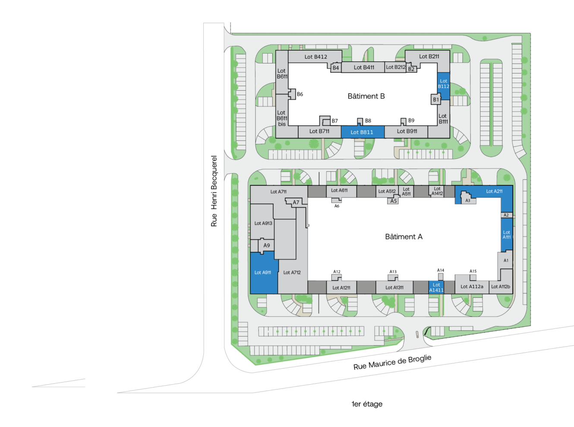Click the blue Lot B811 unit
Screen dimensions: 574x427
coord(362,132)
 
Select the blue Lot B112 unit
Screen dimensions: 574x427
coord(443,86)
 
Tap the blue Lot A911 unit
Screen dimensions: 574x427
coord(264,273)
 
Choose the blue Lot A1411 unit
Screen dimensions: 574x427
coord(436,287)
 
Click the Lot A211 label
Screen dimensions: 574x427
coord(494,191)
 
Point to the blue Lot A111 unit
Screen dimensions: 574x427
coord(506,235)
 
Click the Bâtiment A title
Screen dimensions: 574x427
coord(404,237)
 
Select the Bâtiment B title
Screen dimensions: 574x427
coord(366,96)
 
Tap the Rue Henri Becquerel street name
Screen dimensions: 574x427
coord(214,191)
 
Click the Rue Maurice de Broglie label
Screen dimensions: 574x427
coord(392,362)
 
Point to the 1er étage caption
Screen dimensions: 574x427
coord(367,404)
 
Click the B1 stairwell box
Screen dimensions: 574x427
coord(436,99)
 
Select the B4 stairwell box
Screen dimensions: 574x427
coord(336,68)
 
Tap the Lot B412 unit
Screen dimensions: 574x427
coord(315,57)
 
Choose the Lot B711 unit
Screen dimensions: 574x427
coord(320,132)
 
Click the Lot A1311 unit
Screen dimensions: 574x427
coord(394,287)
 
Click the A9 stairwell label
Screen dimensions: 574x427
coord(267,245)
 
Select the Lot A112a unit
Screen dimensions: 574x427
coord(472,286)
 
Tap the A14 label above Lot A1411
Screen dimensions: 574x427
coord(441,270)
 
